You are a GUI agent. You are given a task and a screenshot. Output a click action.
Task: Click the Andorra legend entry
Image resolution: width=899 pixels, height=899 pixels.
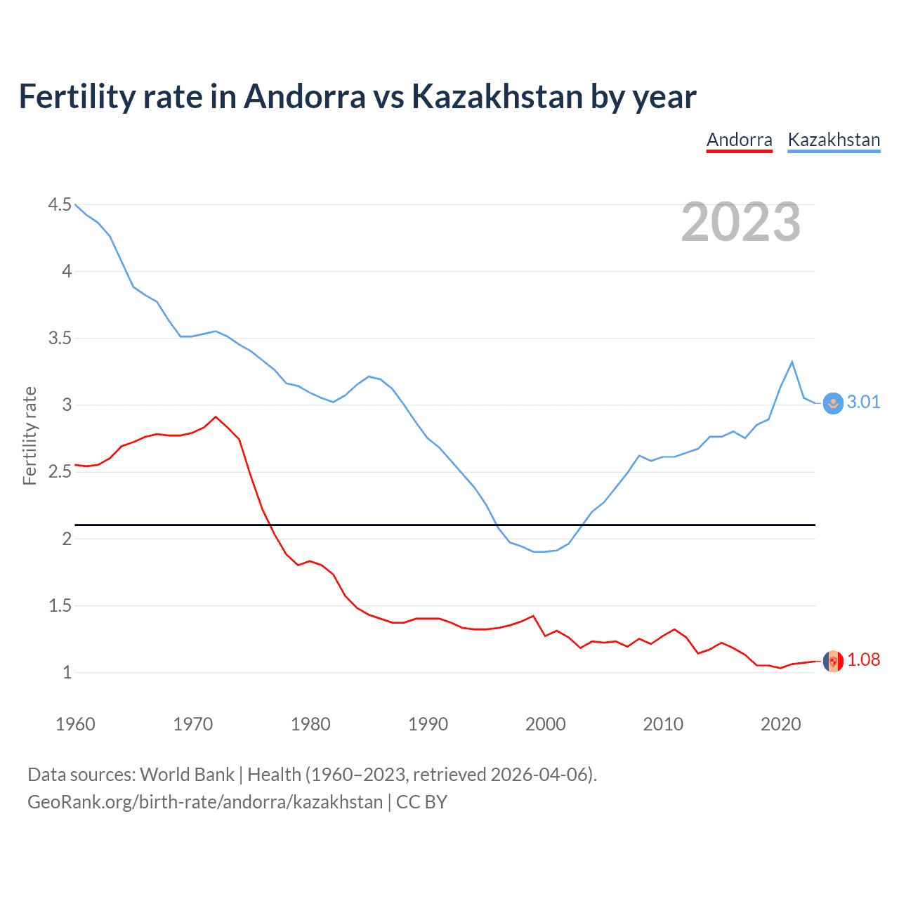click(739, 140)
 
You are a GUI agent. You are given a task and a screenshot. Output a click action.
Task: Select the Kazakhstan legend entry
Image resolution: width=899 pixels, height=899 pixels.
click(834, 140)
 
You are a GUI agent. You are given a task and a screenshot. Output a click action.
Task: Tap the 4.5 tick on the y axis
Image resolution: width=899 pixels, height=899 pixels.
click(60, 204)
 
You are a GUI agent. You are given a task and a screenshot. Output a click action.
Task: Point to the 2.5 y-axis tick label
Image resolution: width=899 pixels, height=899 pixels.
click(60, 472)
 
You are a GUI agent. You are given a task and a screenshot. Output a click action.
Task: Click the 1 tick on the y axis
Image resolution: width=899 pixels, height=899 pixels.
click(67, 672)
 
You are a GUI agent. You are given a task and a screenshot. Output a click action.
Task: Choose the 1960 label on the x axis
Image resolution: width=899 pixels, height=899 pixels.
click(75, 724)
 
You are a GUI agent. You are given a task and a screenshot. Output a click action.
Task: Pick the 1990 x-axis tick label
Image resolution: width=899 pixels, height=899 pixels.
click(428, 724)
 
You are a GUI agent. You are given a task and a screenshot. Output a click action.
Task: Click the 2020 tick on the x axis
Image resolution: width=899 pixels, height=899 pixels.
click(780, 724)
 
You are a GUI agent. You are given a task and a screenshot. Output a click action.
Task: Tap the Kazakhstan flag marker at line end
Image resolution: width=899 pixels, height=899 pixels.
click(832, 403)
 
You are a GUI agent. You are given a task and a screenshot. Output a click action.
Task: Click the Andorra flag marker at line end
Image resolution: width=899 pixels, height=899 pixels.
click(833, 661)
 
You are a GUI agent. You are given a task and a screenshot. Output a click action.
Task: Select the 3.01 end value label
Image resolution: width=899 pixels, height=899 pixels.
click(863, 402)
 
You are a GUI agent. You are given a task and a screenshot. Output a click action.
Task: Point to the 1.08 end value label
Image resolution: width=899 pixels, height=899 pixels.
click(863, 660)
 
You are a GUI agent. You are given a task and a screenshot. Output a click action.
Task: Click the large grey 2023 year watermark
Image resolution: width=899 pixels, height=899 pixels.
click(740, 222)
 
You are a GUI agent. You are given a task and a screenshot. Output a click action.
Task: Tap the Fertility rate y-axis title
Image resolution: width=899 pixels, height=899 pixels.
click(29, 435)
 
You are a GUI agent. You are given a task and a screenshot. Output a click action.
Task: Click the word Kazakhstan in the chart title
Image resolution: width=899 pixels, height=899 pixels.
click(497, 97)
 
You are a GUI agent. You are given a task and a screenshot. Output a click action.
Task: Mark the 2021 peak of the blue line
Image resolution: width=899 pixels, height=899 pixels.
click(792, 362)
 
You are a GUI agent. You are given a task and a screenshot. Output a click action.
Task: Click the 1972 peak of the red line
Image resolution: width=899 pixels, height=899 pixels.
click(216, 416)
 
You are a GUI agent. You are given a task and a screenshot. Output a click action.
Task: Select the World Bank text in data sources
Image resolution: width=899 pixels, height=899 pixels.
click(187, 774)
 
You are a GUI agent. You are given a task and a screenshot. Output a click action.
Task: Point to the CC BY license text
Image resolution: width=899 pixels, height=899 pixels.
click(421, 802)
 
